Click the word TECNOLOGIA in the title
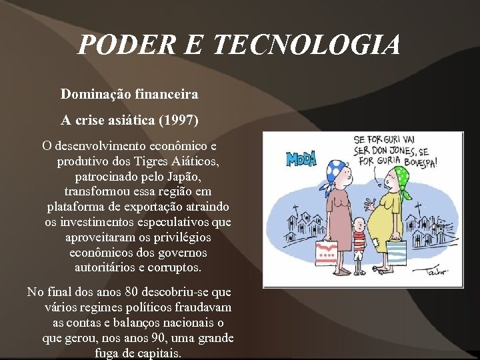307,45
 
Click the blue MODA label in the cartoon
301,159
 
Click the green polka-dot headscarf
402,177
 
